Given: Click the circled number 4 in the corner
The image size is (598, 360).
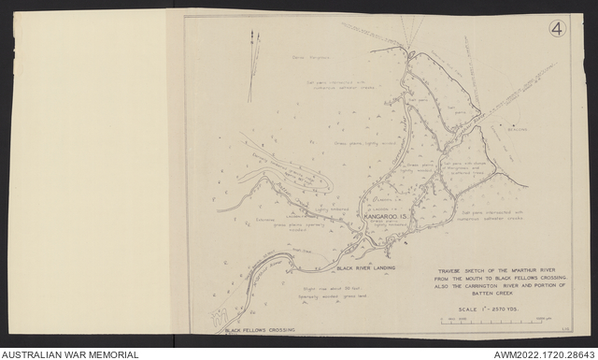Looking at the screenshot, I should coord(557,28).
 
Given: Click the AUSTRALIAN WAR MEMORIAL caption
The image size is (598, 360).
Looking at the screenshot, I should coord(70,354).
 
